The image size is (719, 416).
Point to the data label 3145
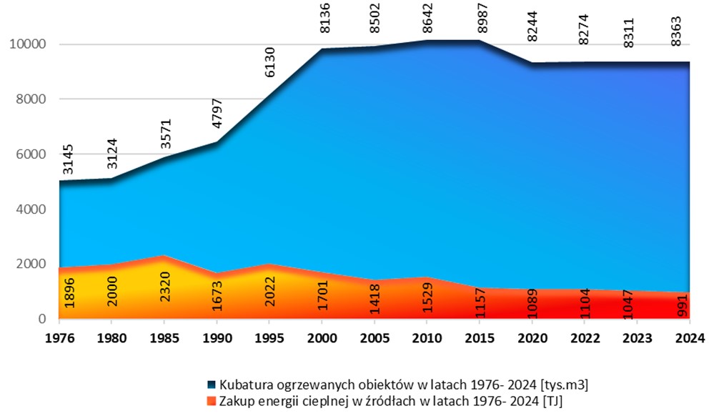(x=68, y=159)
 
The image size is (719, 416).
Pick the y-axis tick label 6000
(x=31, y=154)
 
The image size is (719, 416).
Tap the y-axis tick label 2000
(x=31, y=264)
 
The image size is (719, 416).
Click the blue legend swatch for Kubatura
(x=212, y=386)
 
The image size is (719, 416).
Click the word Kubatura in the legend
(x=244, y=386)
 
